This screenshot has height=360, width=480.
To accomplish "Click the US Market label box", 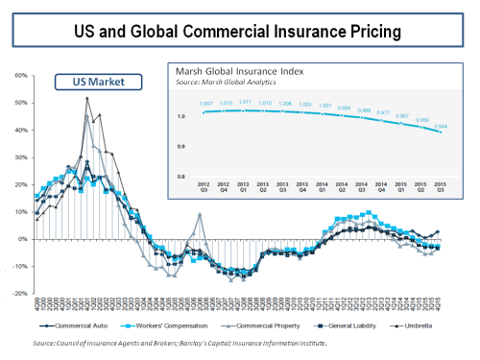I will [85, 84].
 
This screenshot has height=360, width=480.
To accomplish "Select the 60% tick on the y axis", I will [21, 75].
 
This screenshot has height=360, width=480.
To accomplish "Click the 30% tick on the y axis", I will [21, 156].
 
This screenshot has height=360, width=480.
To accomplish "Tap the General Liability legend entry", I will [344, 325].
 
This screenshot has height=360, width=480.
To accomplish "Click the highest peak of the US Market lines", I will [87, 98].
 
